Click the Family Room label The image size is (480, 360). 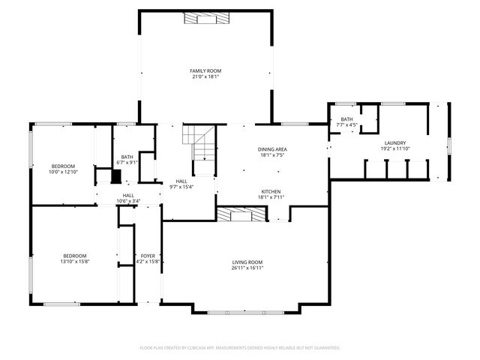coord(205,70)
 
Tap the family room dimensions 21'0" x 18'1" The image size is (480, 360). coord(205,76)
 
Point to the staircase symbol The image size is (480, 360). coord(200,142)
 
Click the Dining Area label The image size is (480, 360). coord(273,149)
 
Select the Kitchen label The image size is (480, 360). coord(271,191)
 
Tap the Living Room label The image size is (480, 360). coord(246,262)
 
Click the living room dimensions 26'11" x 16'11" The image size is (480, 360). coord(246,268)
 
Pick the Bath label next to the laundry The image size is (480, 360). coord(346,119)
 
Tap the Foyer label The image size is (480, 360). coord(148,256)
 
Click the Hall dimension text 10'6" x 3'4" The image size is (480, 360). coord(127,201)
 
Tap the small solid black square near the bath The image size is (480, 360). coord(115,177)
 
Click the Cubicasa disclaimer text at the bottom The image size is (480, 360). coord(240,348)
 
